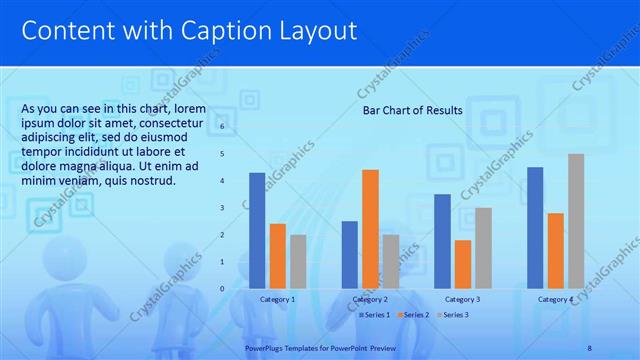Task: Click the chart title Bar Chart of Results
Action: pos(412,110)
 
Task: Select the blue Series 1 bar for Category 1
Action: pos(257,230)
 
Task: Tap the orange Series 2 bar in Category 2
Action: pos(370,228)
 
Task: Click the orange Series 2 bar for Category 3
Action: pos(462,264)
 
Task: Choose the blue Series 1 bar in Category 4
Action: pos(535,227)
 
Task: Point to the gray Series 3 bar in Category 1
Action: pos(299,261)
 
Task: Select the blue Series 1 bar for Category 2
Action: pos(349,254)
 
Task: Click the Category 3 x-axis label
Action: pos(462,299)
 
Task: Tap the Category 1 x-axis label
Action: pos(277,299)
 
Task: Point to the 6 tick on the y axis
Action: pos(223,127)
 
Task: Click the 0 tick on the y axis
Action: pos(223,288)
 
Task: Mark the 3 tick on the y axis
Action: pos(223,208)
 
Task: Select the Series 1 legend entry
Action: pos(377,315)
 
